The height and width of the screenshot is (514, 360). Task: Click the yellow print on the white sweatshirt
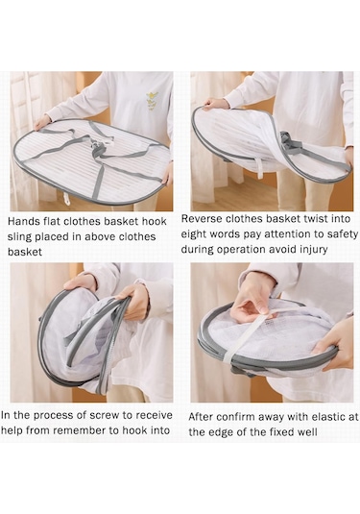point(153,100)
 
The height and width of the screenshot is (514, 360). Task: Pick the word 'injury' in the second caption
point(314,250)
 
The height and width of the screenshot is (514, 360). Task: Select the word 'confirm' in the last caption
point(235,417)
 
